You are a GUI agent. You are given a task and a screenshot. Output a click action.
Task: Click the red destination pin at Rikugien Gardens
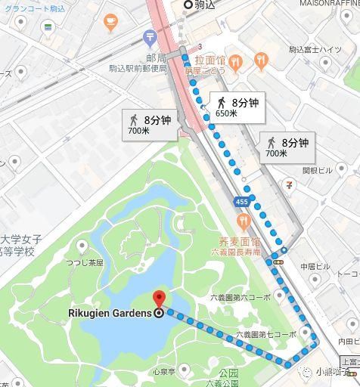[x=159, y=299]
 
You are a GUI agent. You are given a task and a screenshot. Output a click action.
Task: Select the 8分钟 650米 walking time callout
[x=237, y=107]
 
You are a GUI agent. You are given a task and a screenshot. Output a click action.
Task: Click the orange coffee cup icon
[x=110, y=20]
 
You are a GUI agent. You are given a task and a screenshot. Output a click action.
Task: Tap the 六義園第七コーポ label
[x=265, y=333]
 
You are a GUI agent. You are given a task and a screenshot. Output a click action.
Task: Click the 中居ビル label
[x=315, y=266]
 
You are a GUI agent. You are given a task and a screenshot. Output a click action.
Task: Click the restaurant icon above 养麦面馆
[x=243, y=221]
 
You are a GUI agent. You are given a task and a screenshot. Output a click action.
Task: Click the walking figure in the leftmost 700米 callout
[x=133, y=119]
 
